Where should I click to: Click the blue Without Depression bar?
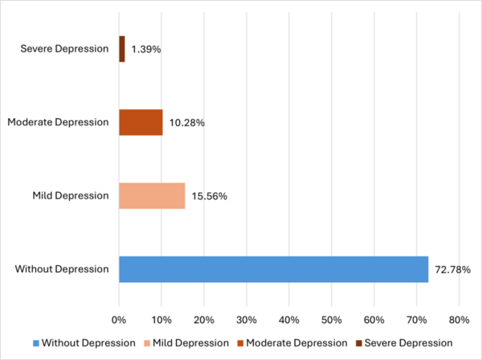coord(273,269)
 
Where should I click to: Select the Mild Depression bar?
coord(152,195)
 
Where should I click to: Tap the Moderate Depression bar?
coord(141,122)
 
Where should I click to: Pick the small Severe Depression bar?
coord(122,49)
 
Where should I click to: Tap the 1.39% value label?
coord(145,49)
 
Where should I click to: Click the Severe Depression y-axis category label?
coord(63,49)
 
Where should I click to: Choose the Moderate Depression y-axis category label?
coord(58,122)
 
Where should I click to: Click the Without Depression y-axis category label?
coord(62,269)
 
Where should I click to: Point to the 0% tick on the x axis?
coord(119,319)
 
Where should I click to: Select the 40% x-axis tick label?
coord(289,319)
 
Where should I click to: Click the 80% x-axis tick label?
coord(459,319)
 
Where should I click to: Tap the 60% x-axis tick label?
coord(374,319)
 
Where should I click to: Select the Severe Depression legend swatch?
coord(358,343)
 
